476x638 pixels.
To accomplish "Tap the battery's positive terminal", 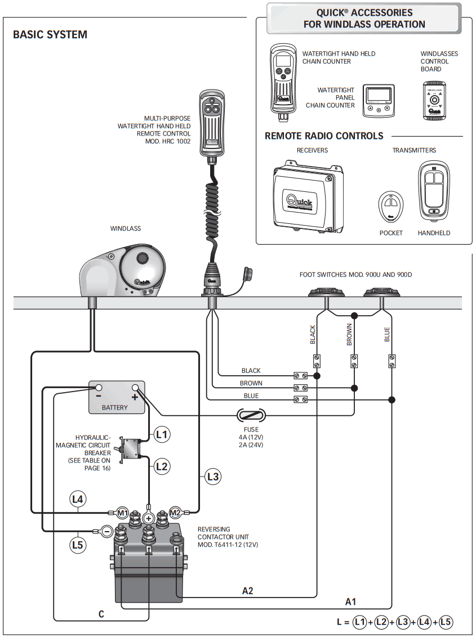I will click(x=135, y=388).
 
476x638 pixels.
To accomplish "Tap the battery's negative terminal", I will click(x=98, y=388).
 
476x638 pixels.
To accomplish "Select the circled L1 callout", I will click(x=162, y=434).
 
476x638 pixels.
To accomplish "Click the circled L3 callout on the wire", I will click(x=212, y=477).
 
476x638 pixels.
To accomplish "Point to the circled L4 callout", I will click(x=78, y=498).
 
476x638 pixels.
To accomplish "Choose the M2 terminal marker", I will click(x=175, y=512).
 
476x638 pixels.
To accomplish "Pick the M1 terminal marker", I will click(x=122, y=513).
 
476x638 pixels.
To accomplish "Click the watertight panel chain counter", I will click(x=378, y=101).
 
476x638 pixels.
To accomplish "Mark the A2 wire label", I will click(x=247, y=591).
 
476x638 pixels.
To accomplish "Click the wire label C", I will click(x=101, y=614).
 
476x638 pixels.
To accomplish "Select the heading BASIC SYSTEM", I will click(x=50, y=35).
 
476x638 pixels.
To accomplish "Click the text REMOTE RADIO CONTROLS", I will click(x=324, y=136).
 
